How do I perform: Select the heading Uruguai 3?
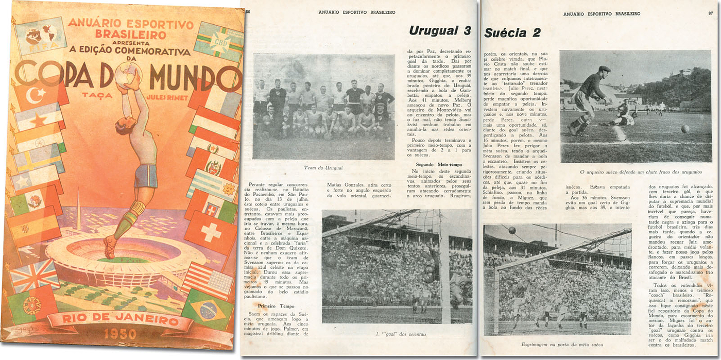click(x=439, y=31)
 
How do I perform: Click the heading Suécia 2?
click(x=512, y=32)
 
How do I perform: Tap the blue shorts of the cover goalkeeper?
click(x=146, y=176)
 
